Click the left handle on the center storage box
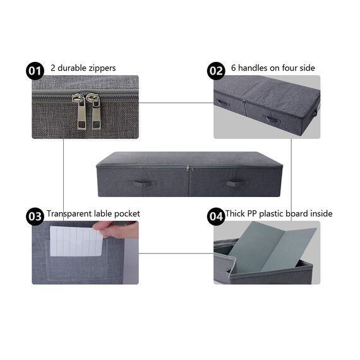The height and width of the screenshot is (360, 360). [x=144, y=184]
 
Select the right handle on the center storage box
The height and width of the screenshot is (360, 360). [x=237, y=183]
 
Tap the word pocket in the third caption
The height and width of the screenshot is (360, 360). [x=127, y=213]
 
